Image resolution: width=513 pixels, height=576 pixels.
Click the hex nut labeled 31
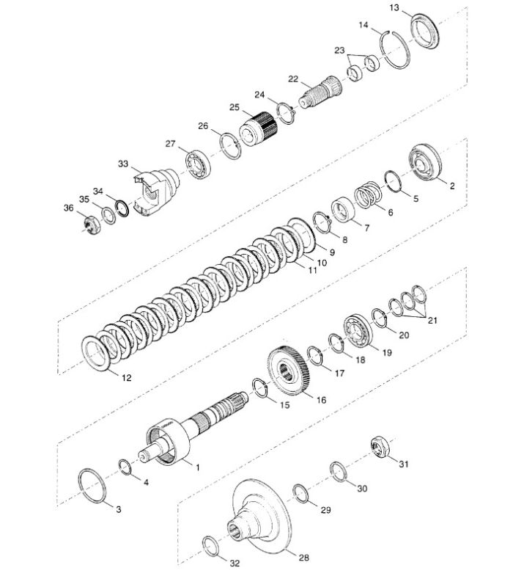380,446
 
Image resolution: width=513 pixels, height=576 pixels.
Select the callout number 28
303,557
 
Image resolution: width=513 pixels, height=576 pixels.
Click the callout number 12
126,378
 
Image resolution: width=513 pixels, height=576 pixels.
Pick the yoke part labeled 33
156,191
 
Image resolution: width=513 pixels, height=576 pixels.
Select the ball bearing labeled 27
198,164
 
